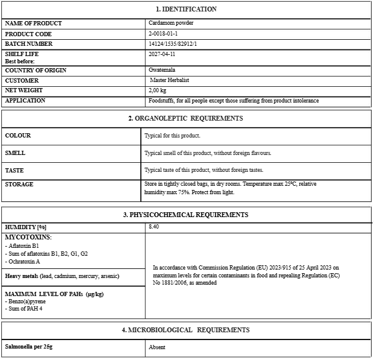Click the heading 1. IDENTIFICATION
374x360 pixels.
click(186, 9)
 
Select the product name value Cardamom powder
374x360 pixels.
click(171, 23)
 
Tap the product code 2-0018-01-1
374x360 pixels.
click(163, 34)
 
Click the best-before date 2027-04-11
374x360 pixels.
click(162, 54)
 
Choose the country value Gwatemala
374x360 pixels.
click(162, 70)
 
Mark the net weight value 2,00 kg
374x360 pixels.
click(158, 90)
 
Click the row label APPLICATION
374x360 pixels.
click(25, 100)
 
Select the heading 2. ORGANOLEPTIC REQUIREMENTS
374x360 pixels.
click(186, 118)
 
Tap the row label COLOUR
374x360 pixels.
click(18, 136)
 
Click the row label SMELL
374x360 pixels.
click(15, 153)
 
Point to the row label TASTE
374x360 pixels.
click(14, 170)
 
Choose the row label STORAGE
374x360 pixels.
click(19, 184)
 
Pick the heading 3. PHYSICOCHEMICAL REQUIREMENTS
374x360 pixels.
click(186, 214)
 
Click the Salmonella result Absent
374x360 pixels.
click(157, 347)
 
